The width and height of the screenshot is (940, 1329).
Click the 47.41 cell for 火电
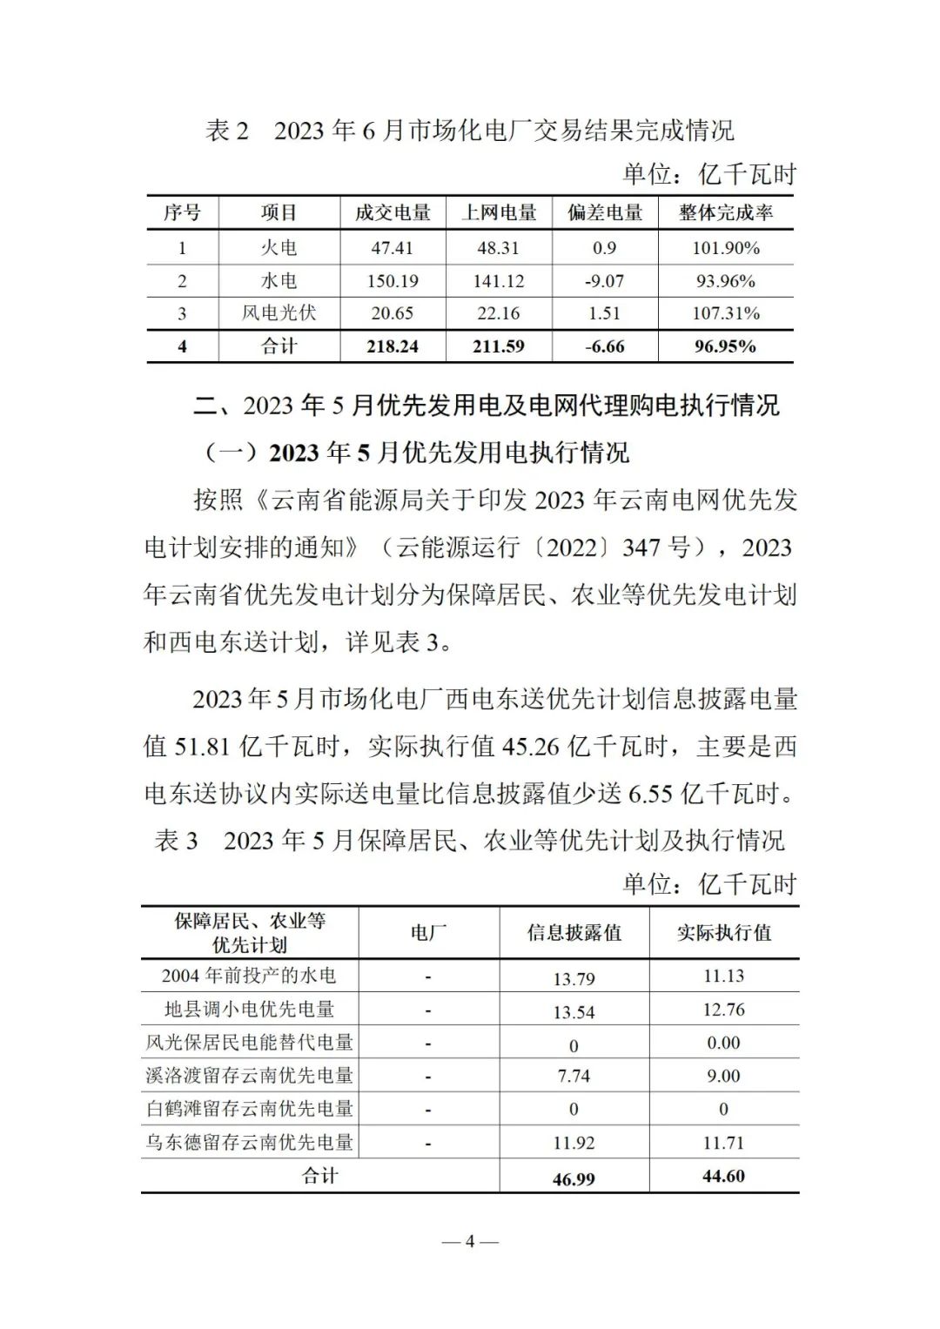pos(392,248)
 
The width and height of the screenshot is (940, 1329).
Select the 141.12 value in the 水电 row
pos(498,281)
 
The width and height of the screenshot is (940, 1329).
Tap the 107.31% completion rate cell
pos(726,313)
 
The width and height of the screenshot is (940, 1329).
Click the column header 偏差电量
pos(605,213)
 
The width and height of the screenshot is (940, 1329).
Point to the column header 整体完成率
pos(726,213)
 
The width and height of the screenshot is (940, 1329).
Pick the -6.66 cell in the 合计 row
pos(605,346)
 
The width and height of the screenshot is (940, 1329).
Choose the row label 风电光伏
pos(279,313)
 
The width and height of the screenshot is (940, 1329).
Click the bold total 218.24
pos(392,346)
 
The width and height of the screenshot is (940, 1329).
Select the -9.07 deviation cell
pos(605,281)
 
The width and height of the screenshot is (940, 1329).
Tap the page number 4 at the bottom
pos(470,1241)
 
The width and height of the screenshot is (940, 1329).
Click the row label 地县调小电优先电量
pos(250,1010)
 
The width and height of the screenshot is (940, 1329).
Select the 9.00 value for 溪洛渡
pos(723,1077)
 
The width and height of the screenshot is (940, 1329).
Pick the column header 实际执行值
pos(724,933)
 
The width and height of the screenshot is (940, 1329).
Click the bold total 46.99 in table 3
pos(574,1179)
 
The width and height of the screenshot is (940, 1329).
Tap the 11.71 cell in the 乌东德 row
pos(723,1143)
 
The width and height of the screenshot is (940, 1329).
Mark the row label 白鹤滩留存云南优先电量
pos(250,1109)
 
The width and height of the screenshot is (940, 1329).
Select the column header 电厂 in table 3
pos(428,933)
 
